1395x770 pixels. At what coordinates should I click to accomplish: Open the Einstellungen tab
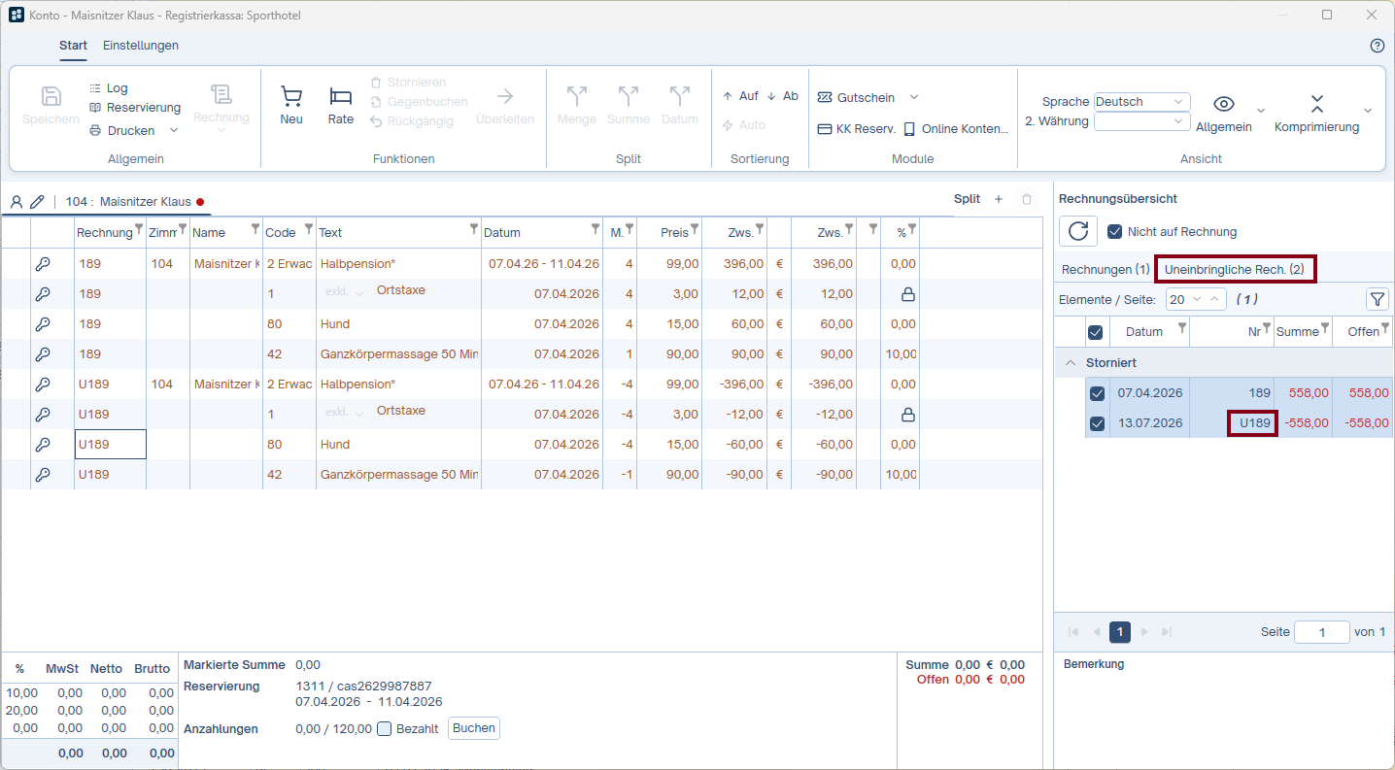click(x=140, y=46)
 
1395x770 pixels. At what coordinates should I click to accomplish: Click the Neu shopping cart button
click(x=291, y=105)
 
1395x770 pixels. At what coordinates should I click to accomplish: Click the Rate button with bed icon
click(x=341, y=105)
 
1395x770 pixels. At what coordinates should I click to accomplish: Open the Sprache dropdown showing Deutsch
click(x=1141, y=101)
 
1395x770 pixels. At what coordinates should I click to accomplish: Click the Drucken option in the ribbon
click(x=131, y=131)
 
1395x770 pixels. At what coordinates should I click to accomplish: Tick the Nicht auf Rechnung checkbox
click(x=1115, y=231)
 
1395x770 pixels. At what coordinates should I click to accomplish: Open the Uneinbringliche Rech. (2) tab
click(x=1235, y=270)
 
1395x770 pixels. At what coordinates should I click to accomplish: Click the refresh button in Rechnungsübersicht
click(x=1078, y=231)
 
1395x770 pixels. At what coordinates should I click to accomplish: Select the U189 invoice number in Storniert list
click(x=1253, y=423)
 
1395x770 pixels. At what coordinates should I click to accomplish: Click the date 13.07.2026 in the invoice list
click(x=1149, y=423)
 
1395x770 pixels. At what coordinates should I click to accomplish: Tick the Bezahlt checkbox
click(x=385, y=729)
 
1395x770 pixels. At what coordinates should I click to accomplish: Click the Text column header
click(x=330, y=233)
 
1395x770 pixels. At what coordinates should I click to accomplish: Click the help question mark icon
click(x=1377, y=46)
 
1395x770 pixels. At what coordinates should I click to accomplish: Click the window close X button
click(x=1372, y=15)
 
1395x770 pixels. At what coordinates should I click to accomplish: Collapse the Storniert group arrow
click(x=1071, y=363)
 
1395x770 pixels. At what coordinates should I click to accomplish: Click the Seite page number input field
click(x=1321, y=632)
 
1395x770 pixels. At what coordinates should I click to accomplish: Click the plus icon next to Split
click(x=999, y=199)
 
